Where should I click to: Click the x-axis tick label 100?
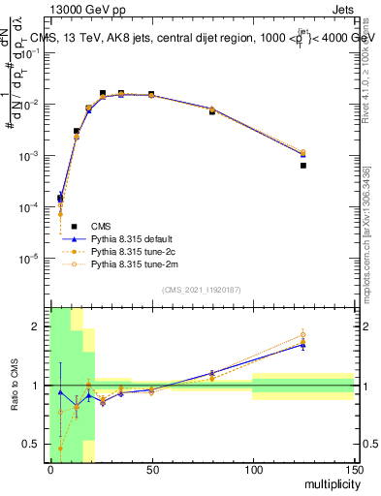tap(252, 470)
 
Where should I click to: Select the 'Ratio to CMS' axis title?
tap(16, 386)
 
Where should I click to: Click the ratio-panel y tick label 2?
tap(39, 326)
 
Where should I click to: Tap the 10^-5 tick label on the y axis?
tap(33, 259)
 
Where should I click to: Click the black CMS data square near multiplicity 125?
tap(302, 166)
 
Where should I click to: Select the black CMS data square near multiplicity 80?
tap(211, 112)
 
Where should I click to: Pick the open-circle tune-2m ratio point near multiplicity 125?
tap(302, 335)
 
